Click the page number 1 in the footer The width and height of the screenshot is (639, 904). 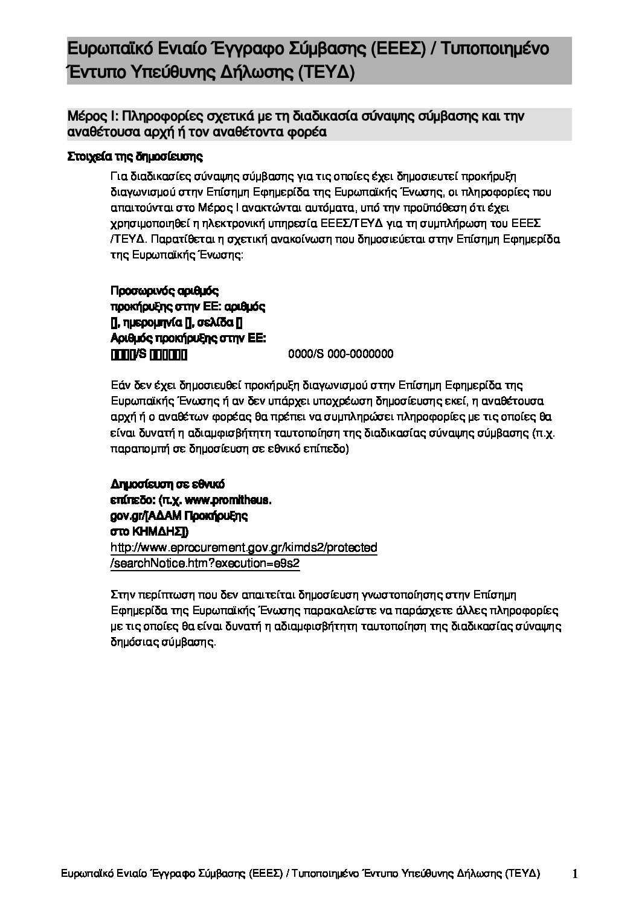click(576, 873)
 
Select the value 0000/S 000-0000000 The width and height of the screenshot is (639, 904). click(341, 354)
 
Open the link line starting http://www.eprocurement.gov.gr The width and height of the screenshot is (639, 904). click(244, 548)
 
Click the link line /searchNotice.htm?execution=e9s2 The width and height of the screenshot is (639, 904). click(205, 563)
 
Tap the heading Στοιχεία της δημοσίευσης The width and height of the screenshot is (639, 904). click(134, 157)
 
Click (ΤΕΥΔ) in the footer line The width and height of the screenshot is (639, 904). click(523, 874)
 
